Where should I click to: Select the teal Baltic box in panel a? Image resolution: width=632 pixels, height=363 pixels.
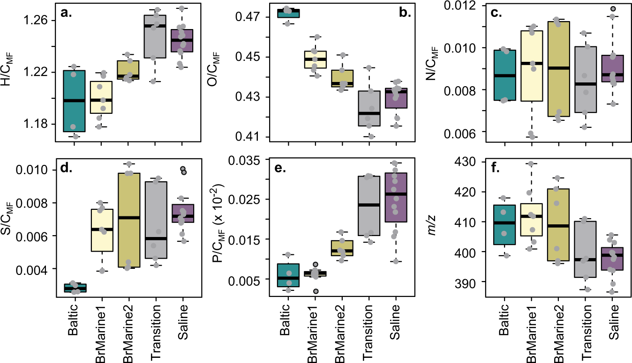[74, 101]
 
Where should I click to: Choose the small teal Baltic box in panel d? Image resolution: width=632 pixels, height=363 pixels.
[74, 288]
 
